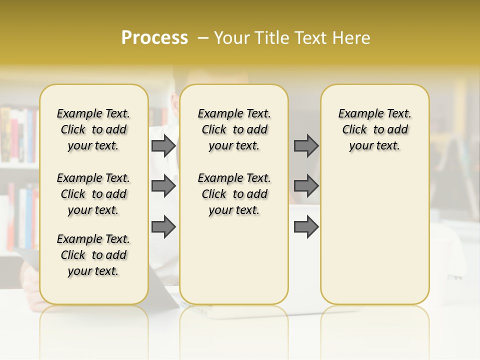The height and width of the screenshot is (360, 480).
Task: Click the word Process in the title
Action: (x=154, y=38)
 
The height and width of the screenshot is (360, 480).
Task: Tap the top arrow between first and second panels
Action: (x=163, y=145)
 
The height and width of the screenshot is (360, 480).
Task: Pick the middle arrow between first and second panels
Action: (x=163, y=186)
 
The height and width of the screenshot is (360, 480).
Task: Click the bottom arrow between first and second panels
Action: (x=163, y=227)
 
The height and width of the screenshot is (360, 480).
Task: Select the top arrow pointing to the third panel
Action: (x=306, y=145)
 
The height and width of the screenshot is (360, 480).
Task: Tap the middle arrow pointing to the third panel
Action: (x=306, y=186)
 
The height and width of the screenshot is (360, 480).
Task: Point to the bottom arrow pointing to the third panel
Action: (x=306, y=227)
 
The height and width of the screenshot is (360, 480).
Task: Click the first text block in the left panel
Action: (x=93, y=129)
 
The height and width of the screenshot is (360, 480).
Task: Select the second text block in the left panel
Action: (x=93, y=194)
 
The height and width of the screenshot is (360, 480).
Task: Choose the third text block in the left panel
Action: (x=93, y=255)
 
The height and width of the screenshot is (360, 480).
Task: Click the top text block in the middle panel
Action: (x=234, y=129)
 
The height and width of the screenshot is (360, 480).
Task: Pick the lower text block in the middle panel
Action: (x=234, y=194)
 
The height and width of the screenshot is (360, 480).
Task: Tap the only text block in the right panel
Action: (x=374, y=129)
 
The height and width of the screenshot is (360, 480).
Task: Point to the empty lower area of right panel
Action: (x=374, y=235)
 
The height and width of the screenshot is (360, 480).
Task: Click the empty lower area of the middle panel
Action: (x=234, y=260)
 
